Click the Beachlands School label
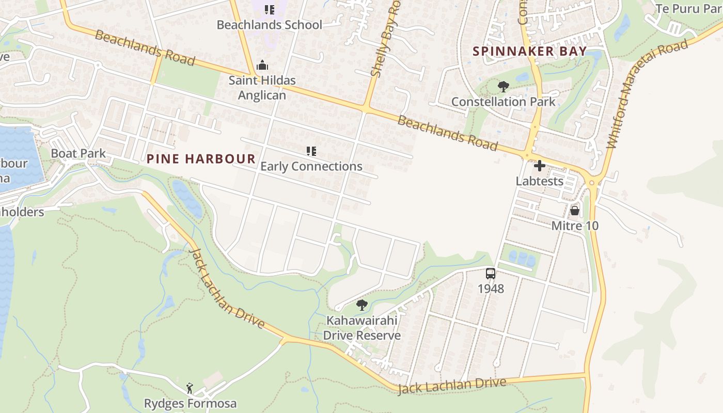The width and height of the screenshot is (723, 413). point(269,25)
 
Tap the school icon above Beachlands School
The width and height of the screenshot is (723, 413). point(269,9)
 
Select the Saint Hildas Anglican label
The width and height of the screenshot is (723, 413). point(262,88)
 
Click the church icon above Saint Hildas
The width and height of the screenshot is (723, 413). point(262,66)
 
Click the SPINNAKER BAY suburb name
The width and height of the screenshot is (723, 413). point(530,51)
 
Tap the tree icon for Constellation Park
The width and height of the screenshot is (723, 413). point(504,87)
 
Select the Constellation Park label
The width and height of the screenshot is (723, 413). point(504,102)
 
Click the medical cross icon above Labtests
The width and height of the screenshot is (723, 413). point(540,166)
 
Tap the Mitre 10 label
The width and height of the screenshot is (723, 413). point(575,226)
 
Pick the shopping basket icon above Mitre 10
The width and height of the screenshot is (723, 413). point(575,211)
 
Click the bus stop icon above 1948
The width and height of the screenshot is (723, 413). point(491,274)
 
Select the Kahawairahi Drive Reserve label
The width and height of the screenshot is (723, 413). point(361,328)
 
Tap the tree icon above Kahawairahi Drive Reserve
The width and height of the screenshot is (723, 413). point(362,305)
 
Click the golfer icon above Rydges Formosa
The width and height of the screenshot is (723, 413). point(190,388)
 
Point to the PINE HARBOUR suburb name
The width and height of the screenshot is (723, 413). point(201,159)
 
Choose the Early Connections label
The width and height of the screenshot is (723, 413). point(311,166)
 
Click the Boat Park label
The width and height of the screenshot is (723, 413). point(78,153)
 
